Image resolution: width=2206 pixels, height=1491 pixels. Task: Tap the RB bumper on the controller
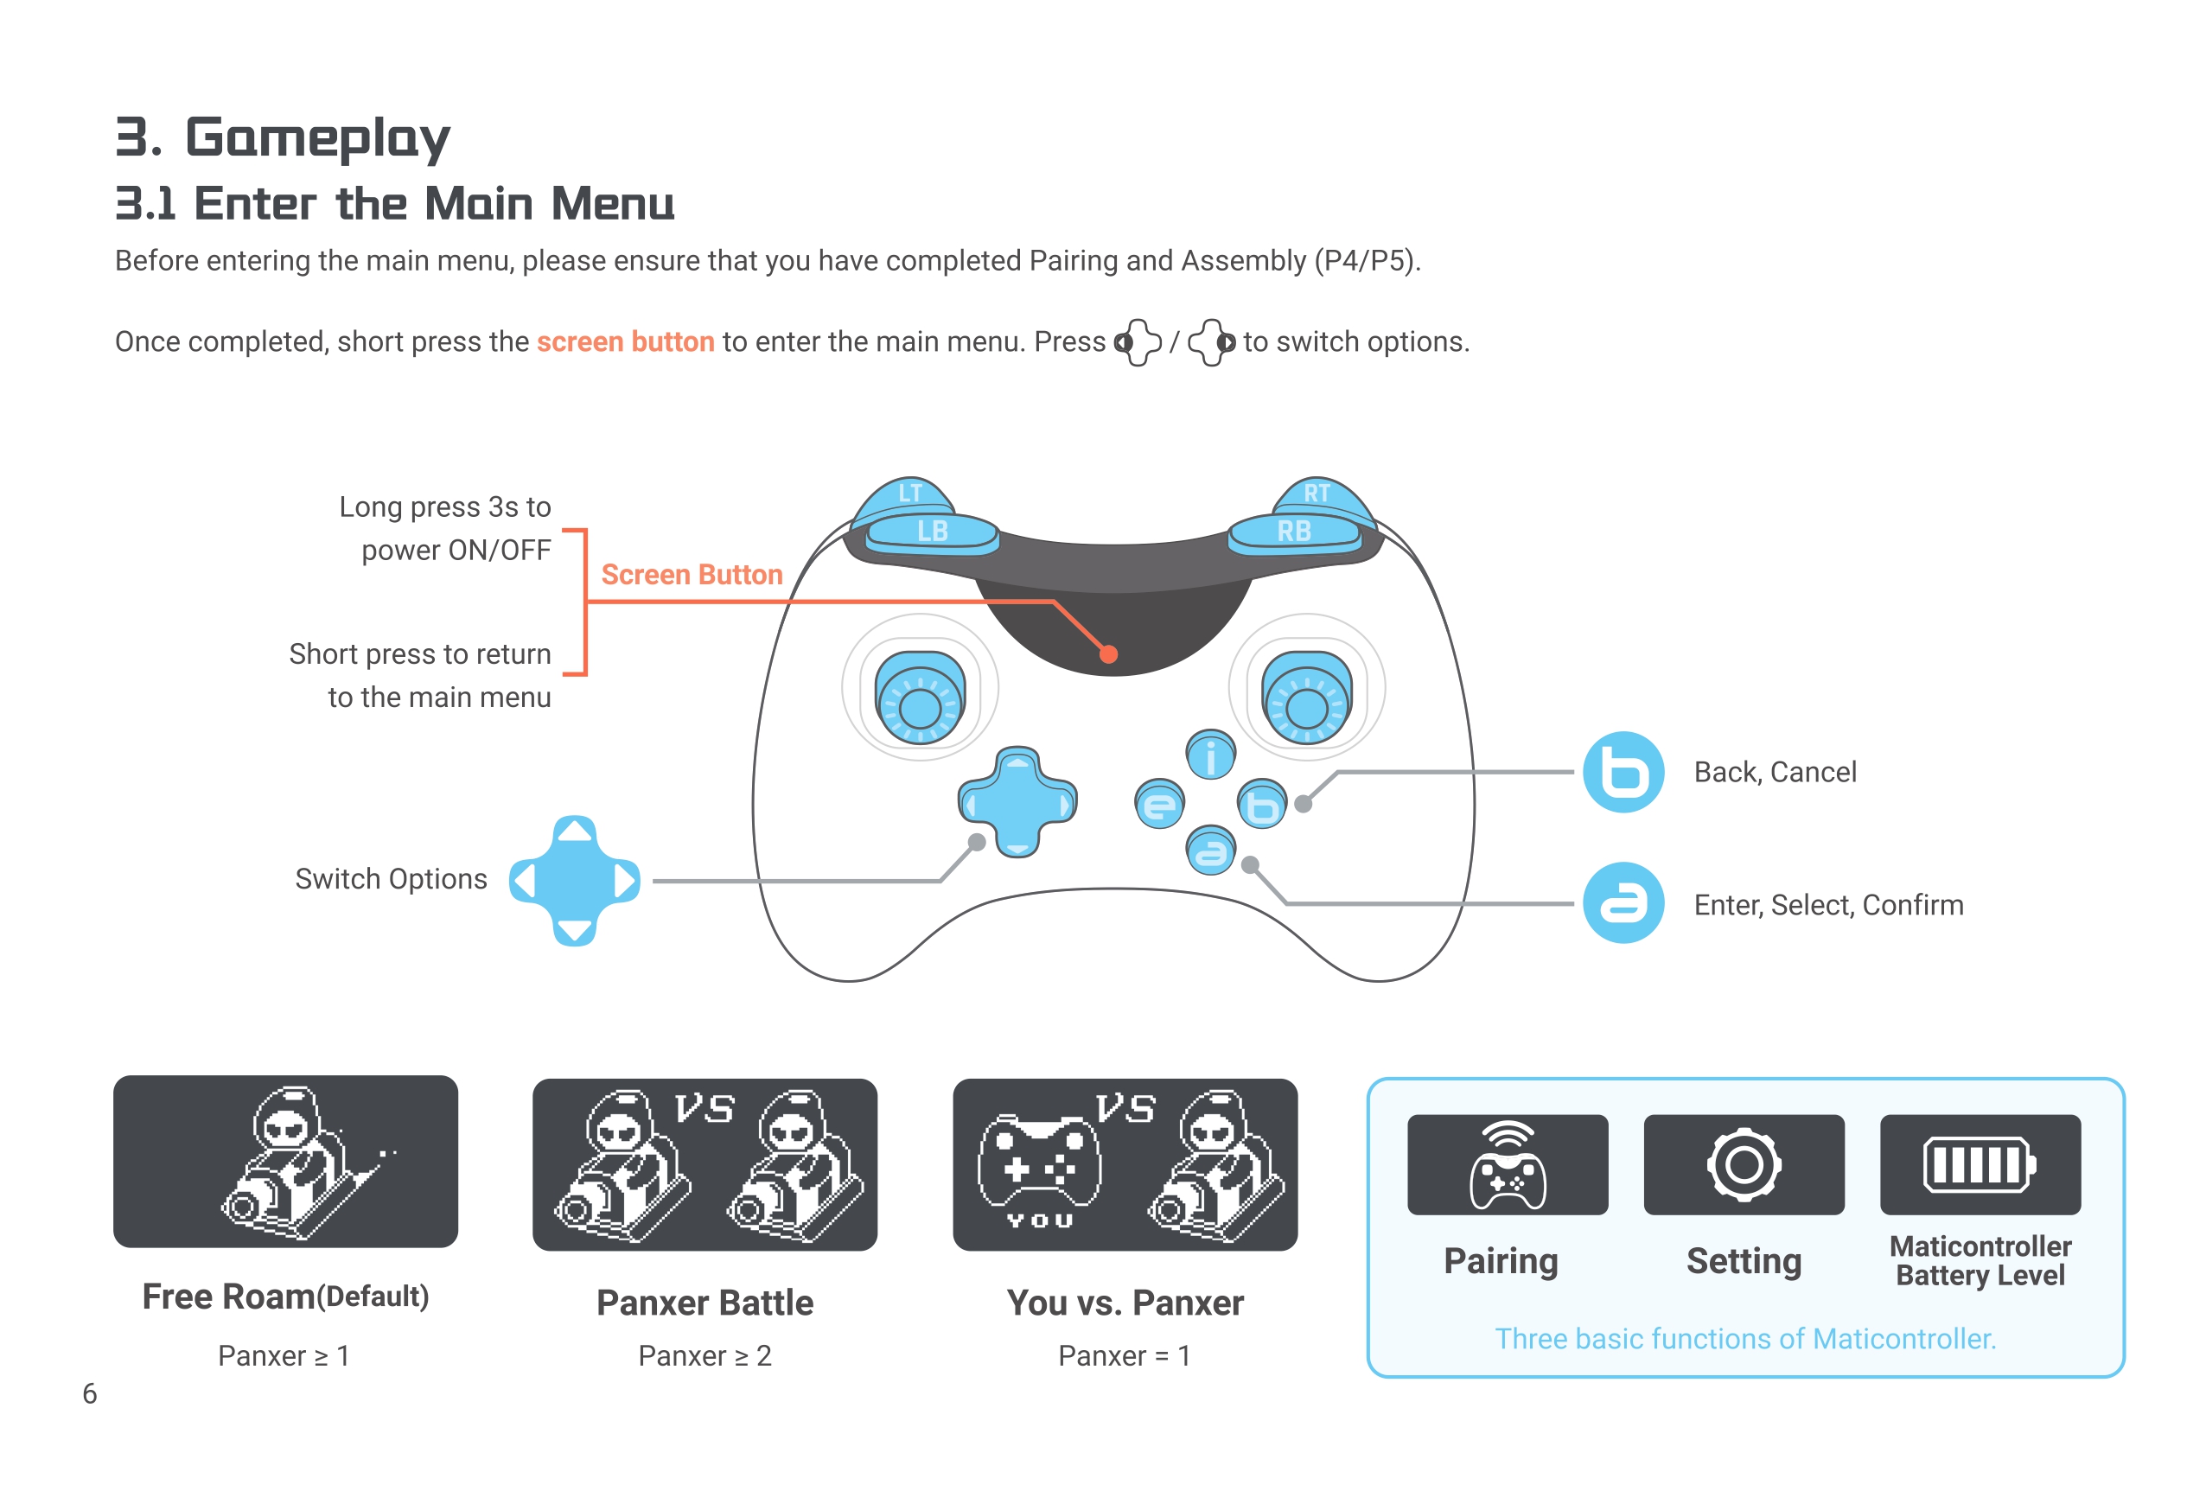[1294, 532]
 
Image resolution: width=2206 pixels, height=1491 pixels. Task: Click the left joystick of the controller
[919, 698]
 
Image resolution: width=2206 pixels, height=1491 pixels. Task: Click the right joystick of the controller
[1306, 698]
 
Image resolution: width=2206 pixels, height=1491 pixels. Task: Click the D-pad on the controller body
[1017, 803]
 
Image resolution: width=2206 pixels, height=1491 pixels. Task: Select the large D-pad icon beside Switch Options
[574, 881]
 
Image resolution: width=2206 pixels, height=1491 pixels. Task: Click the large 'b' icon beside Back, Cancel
[1623, 773]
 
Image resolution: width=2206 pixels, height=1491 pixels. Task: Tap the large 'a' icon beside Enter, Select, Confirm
[1623, 903]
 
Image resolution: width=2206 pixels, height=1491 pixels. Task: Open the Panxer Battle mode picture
[705, 1164]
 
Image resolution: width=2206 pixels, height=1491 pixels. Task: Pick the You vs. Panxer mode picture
[1125, 1164]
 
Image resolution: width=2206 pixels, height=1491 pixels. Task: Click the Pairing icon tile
[1508, 1164]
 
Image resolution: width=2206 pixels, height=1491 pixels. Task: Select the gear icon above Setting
[1744, 1164]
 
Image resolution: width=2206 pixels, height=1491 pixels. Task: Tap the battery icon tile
[1980, 1164]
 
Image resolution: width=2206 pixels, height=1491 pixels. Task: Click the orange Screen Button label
[692, 575]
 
